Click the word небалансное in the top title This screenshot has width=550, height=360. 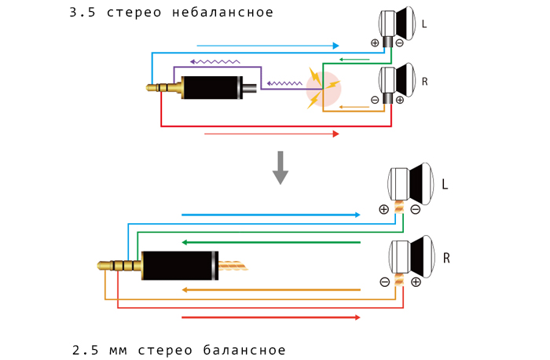click(225, 13)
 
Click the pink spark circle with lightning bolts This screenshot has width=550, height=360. click(324, 89)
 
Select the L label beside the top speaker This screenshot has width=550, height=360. click(424, 24)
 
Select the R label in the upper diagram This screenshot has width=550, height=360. click(424, 81)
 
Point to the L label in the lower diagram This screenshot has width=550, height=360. click(445, 186)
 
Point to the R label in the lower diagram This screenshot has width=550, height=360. click(446, 257)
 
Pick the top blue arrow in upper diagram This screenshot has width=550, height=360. click(268, 46)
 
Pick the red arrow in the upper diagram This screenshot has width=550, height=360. click(271, 134)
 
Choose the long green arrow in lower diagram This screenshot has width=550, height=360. click(270, 242)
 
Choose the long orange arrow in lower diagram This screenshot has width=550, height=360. click(270, 290)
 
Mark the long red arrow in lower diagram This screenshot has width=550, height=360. click(270, 318)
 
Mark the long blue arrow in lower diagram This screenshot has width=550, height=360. click(270, 215)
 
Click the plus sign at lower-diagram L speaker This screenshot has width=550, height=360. click(383, 209)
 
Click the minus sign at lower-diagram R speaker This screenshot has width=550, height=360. click(384, 281)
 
